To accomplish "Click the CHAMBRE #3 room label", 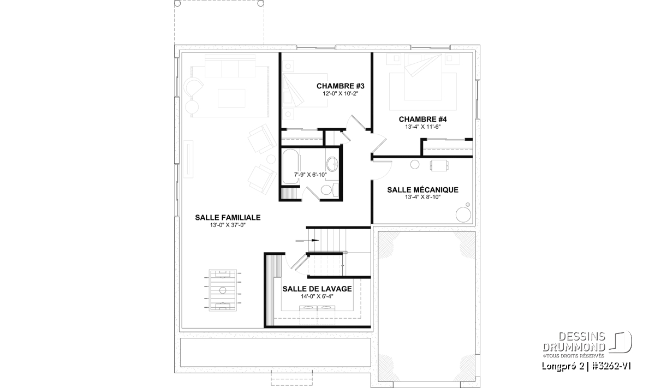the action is click(x=341, y=86).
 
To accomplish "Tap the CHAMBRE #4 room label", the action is click(x=422, y=120).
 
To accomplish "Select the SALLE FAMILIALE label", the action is click(x=228, y=218).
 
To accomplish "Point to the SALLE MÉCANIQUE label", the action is click(x=422, y=190).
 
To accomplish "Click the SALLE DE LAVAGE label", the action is click(x=317, y=289).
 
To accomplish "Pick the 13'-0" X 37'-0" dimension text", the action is click(x=228, y=225).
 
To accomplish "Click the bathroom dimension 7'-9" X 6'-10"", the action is click(x=310, y=175).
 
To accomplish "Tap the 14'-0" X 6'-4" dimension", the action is click(x=317, y=296).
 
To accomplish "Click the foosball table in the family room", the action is click(x=223, y=290).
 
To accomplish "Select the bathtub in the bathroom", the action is click(x=290, y=166).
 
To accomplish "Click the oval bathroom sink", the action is click(x=332, y=164).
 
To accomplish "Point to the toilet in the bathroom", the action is click(x=329, y=190).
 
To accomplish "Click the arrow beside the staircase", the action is click(x=307, y=240).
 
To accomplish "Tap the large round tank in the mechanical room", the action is click(x=463, y=214).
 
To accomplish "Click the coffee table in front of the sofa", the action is click(x=231, y=98).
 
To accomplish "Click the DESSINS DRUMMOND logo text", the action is click(x=574, y=342).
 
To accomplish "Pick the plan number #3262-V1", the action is click(x=611, y=366).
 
